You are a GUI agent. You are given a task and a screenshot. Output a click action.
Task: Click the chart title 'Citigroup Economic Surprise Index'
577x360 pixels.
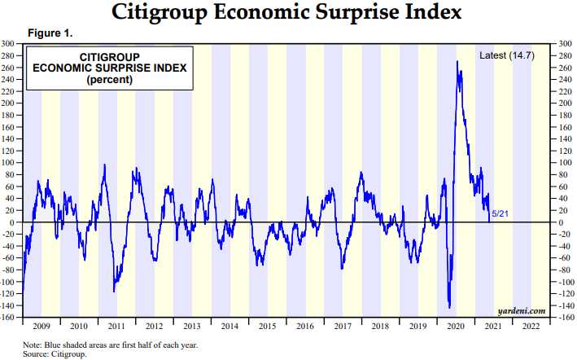pyautogui.click(x=288, y=13)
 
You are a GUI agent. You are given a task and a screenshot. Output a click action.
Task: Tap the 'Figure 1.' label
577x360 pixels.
pyautogui.click(x=50, y=33)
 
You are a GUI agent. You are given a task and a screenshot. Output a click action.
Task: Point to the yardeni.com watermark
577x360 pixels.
pyautogui.click(x=522, y=310)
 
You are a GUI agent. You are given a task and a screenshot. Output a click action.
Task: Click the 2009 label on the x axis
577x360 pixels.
pyautogui.click(x=42, y=325)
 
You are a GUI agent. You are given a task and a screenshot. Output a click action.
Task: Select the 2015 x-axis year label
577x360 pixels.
pyautogui.click(x=268, y=325)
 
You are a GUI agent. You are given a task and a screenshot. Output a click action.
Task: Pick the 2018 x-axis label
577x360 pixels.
pyautogui.click(x=381, y=325)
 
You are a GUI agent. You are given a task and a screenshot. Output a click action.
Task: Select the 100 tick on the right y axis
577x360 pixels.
pyautogui.click(x=561, y=163)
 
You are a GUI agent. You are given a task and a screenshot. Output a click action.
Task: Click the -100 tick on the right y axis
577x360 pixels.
pyautogui.click(x=562, y=282)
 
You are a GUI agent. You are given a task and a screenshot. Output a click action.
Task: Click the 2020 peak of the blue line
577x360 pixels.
pyautogui.click(x=457, y=62)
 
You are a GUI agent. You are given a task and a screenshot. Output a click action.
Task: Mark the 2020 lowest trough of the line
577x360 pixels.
pyautogui.click(x=450, y=307)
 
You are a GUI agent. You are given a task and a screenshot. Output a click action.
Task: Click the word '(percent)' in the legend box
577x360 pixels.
pyautogui.click(x=108, y=81)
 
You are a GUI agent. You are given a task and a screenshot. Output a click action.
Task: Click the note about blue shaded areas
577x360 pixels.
pyautogui.click(x=110, y=345)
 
